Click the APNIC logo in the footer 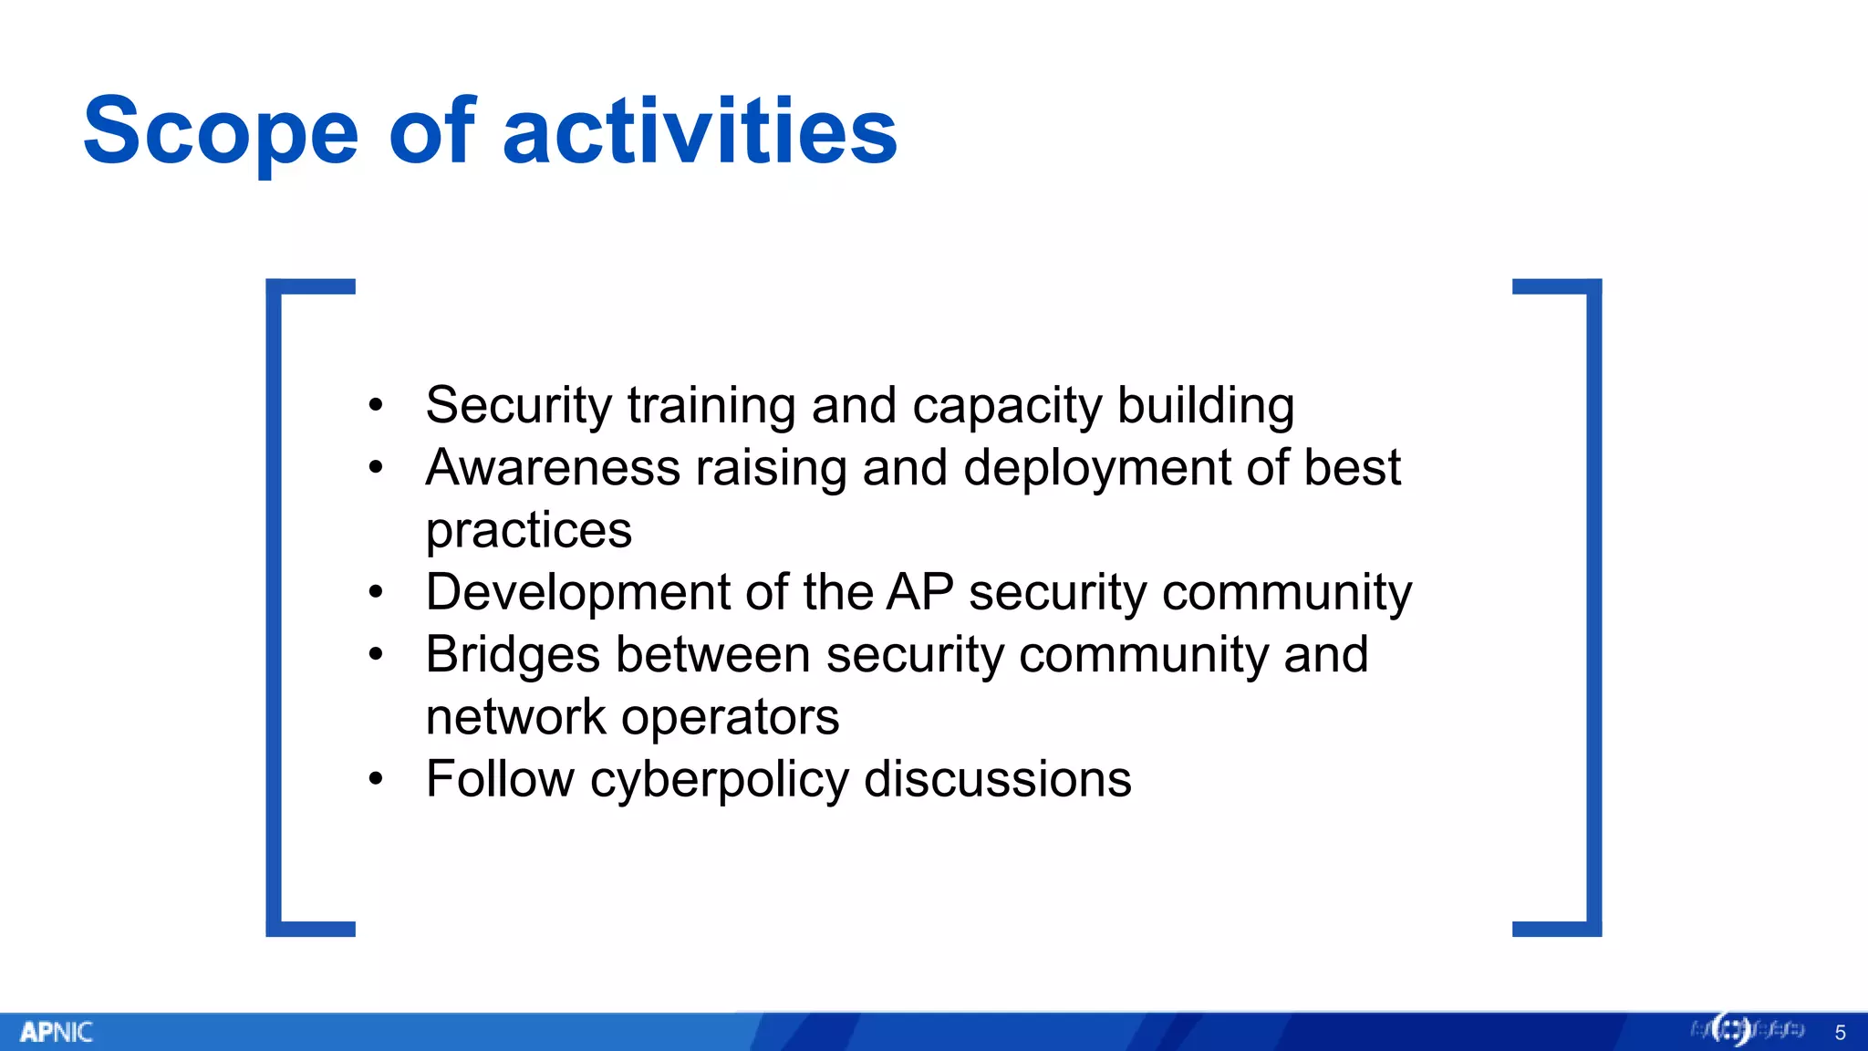tap(56, 1032)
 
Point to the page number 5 tap(1840, 1033)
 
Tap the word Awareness tap(553, 468)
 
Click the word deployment tap(1097, 468)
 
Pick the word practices tap(528, 530)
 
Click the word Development tap(578, 592)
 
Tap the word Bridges tap(513, 655)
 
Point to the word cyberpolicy tap(719, 780)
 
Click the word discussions tap(997, 780)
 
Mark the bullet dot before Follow tap(376, 779)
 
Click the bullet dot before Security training tap(376, 405)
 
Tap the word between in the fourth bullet tap(713, 655)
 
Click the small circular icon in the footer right tap(1731, 1030)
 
